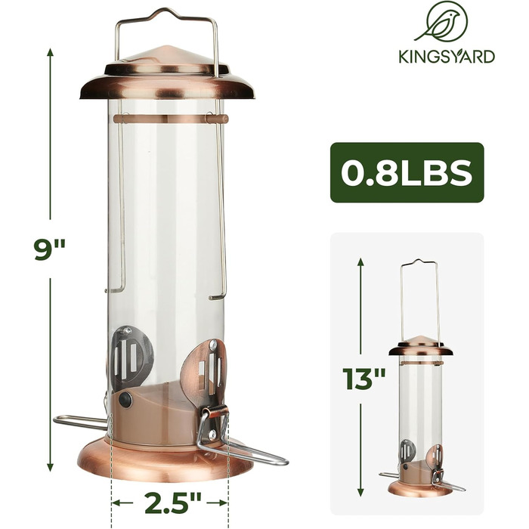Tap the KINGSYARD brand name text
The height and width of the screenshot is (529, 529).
pyautogui.click(x=447, y=57)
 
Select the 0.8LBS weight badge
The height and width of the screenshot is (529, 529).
pyautogui.click(x=407, y=172)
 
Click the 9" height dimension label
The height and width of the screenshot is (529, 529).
pyautogui.click(x=50, y=249)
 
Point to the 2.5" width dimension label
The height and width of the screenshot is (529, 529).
pyautogui.click(x=173, y=503)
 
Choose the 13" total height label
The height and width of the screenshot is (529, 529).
pyautogui.click(x=363, y=379)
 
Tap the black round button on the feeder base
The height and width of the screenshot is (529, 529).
pyautogui.click(x=126, y=400)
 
